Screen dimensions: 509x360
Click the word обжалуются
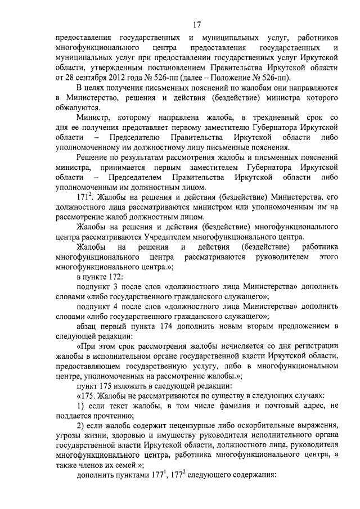pyautogui.click(x=79, y=107)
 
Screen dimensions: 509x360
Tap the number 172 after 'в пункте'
pyautogui.click(x=120, y=278)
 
